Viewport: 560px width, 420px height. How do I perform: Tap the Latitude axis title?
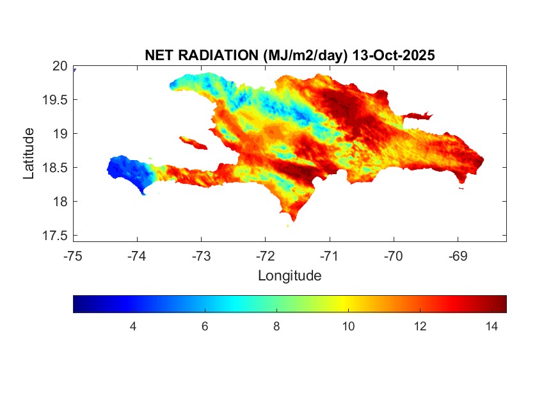[x=29, y=153]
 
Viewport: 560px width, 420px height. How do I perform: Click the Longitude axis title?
[x=289, y=276]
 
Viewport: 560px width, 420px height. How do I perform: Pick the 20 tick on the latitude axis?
[x=60, y=66]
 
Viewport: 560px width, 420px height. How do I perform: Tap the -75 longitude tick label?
[x=73, y=256]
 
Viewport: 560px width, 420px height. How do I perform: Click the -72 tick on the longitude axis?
[x=266, y=256]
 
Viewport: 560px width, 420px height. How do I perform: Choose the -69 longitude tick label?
[x=458, y=256]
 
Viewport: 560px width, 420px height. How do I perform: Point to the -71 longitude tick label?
[x=330, y=256]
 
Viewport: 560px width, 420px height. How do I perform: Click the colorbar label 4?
[x=133, y=327]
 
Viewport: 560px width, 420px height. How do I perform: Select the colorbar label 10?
[x=348, y=327]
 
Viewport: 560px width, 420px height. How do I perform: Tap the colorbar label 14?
[x=492, y=327]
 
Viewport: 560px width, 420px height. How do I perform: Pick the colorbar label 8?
[x=276, y=327]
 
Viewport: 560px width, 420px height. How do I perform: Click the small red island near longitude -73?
[x=191, y=141]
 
